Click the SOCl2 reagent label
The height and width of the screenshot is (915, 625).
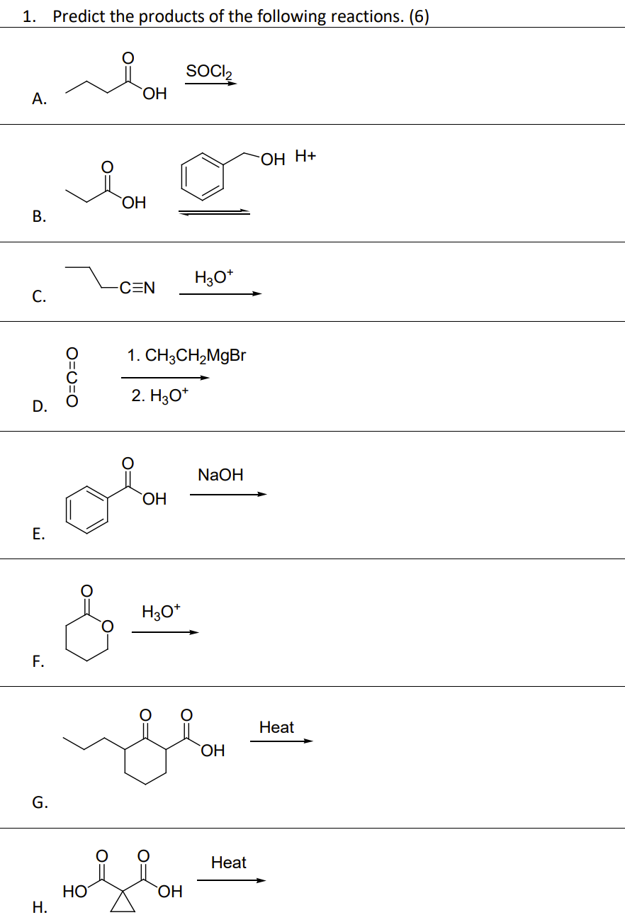coord(209,72)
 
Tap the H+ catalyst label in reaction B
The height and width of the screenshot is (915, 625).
coord(305,157)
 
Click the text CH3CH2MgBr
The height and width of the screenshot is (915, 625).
coord(196,355)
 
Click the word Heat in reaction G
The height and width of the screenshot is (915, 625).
coord(276,727)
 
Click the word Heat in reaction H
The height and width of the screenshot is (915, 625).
coord(229,863)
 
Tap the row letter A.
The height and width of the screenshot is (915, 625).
coord(40,99)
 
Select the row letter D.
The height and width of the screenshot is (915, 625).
coord(40,406)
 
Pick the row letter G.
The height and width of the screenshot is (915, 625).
coord(40,802)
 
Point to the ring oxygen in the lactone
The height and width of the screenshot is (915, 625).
coord(107,627)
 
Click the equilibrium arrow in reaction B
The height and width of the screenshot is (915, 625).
coord(214,212)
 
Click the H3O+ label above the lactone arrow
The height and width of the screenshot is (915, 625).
coord(162,611)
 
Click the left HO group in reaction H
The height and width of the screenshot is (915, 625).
coord(74,892)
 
